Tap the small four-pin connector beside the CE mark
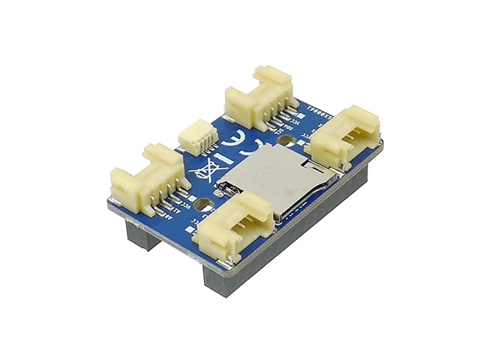[197, 139]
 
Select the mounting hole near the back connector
[286, 140]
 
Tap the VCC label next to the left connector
[185, 207]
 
